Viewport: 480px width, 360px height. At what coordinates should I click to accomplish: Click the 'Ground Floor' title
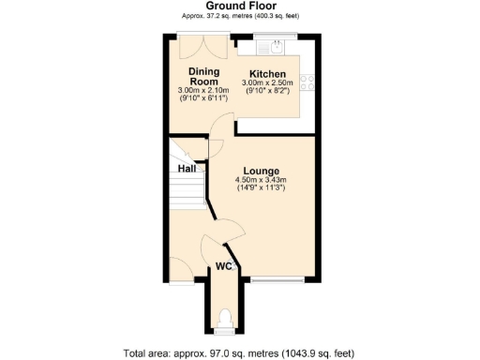[x=239, y=6]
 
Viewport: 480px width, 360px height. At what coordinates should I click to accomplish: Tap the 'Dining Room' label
[x=203, y=77]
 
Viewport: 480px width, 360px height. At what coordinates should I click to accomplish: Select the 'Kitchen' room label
[x=266, y=73]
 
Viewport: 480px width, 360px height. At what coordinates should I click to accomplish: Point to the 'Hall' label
[x=187, y=169]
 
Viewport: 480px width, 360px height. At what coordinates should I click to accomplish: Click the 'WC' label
[x=224, y=267]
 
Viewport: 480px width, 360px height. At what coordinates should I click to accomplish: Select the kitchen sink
[x=277, y=49]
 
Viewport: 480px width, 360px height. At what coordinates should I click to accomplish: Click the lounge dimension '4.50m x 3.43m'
[x=262, y=179]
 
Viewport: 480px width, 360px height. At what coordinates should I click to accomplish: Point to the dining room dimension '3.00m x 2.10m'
[x=203, y=91]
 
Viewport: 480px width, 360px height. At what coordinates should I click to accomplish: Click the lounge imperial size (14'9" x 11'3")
[x=262, y=188]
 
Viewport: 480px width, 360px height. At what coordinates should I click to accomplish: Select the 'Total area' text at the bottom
[x=239, y=352]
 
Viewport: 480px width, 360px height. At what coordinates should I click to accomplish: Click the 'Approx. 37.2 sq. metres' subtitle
[x=239, y=17]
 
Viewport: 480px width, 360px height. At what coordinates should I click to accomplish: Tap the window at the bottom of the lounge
[x=277, y=280]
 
